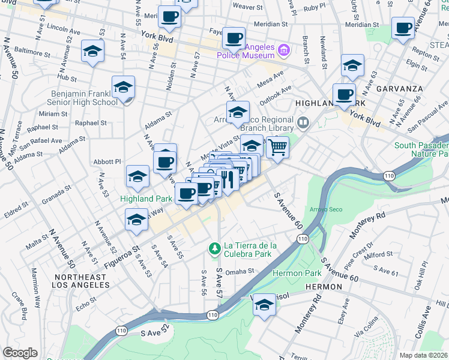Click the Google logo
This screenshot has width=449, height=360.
click(20, 353)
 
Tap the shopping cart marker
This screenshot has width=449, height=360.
click(277, 146)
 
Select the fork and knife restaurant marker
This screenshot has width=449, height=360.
click(228, 179)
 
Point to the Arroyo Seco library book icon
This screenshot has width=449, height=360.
click(303, 124)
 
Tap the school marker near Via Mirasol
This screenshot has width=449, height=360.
click(264, 305)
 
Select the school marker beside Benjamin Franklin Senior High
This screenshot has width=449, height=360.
click(123, 88)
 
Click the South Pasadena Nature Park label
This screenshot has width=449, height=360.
click(421, 150)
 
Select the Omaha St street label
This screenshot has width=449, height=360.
click(240, 271)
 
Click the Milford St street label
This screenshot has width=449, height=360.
click(378, 254)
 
